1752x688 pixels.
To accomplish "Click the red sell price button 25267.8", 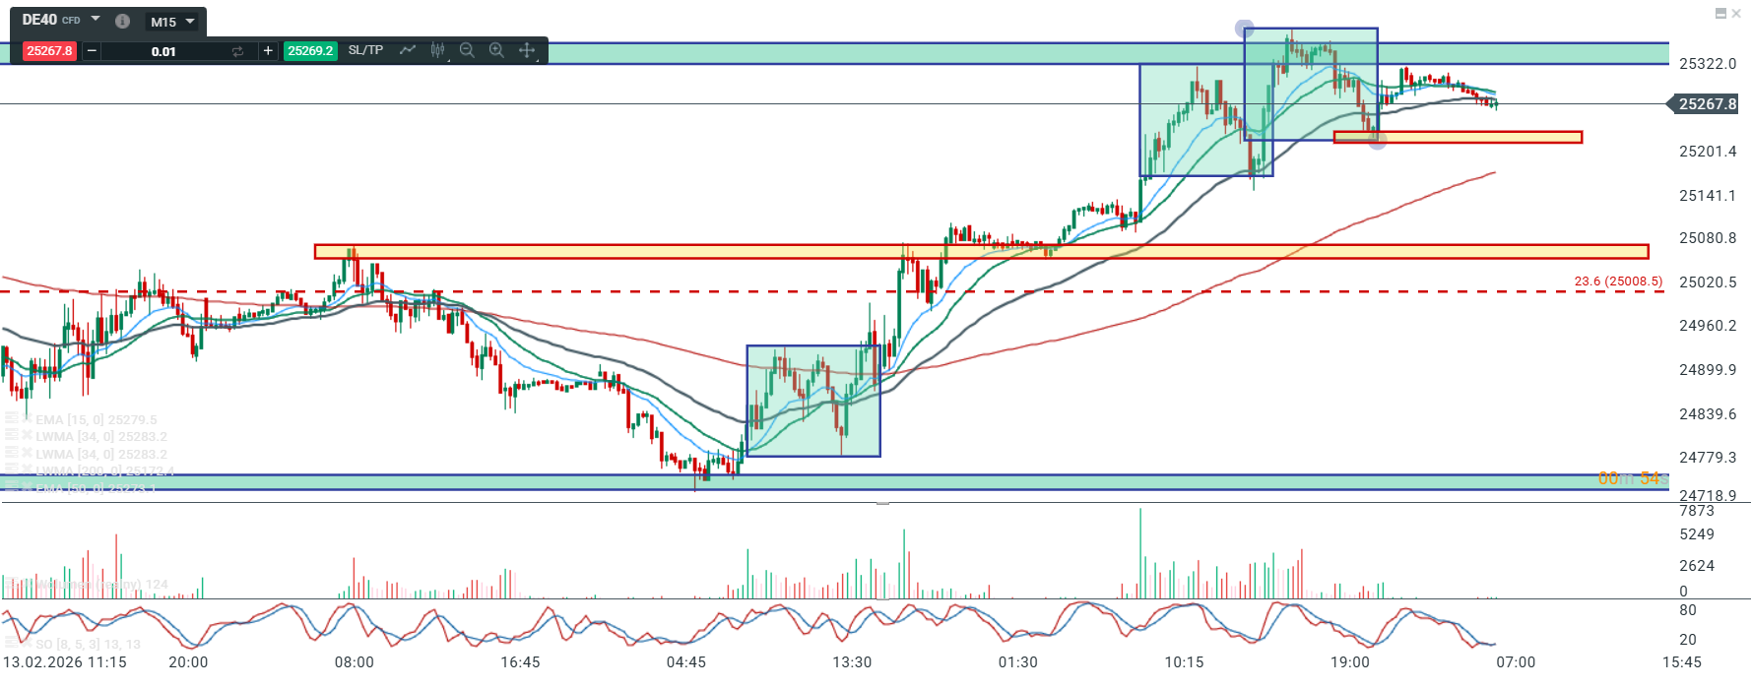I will (x=49, y=51).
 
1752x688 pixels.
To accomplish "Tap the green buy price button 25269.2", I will (x=310, y=51).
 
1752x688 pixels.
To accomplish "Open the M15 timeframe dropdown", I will (x=173, y=21).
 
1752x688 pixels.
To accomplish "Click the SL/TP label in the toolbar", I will (x=365, y=50).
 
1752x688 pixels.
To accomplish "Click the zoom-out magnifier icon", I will (x=467, y=50).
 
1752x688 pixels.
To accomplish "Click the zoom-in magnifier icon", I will (x=496, y=50).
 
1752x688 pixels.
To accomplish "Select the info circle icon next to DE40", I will (x=122, y=21).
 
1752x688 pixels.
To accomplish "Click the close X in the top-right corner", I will (x=1736, y=14).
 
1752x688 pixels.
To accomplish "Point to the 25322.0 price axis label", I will (x=1708, y=64).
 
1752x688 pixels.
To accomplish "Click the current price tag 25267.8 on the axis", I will (x=1708, y=104).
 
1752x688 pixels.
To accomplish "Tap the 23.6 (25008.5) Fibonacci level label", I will (x=1618, y=281).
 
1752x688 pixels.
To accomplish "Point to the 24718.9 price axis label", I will (x=1708, y=496).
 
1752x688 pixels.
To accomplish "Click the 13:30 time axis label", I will (x=852, y=662).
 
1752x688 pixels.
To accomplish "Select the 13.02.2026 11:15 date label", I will (x=65, y=662).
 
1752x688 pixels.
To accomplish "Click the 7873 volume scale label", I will (x=1697, y=511).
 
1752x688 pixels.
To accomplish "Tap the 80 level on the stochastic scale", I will (x=1688, y=610).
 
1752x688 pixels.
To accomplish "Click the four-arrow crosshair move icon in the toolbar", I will (x=527, y=50).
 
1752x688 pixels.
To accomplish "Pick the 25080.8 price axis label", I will (x=1708, y=238).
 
